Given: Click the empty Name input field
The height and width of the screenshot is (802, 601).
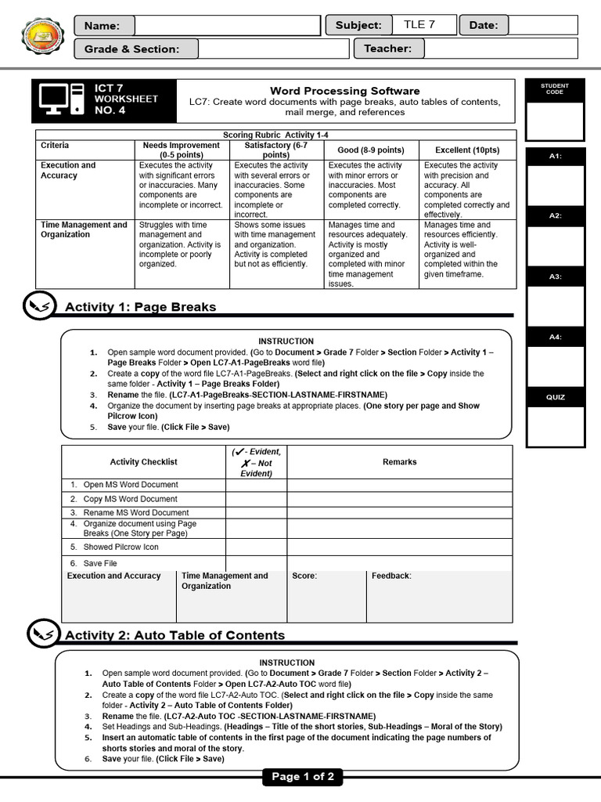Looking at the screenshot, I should [x=227, y=26].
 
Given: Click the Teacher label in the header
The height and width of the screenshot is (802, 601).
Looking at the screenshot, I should [x=387, y=49].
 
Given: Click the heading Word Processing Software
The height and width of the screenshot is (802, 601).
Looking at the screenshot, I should [x=344, y=91].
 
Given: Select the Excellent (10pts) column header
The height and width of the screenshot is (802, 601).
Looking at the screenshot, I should [x=467, y=150].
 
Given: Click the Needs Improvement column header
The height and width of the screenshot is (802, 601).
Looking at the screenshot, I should [x=181, y=150].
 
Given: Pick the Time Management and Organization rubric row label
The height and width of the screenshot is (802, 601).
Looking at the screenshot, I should [x=84, y=229].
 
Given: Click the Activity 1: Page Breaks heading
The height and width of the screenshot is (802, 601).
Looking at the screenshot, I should [x=140, y=307].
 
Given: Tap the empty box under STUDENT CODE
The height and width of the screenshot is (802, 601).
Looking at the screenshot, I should [x=554, y=120].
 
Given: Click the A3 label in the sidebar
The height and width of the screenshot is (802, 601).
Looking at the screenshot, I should [x=555, y=276].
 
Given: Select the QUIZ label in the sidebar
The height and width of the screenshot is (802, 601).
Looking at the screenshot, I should [x=555, y=397].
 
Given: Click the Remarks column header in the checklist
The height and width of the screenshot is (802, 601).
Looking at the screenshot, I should [x=399, y=462].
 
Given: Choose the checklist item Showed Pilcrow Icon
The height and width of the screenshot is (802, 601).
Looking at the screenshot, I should [x=121, y=547].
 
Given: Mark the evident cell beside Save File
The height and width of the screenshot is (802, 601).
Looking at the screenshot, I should [x=256, y=563].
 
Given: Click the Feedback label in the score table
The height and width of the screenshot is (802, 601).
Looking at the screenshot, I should [x=391, y=576].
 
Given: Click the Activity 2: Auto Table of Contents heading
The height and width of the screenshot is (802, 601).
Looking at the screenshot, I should [x=175, y=635].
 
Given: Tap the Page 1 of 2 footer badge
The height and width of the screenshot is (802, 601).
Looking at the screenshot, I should [x=302, y=777].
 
